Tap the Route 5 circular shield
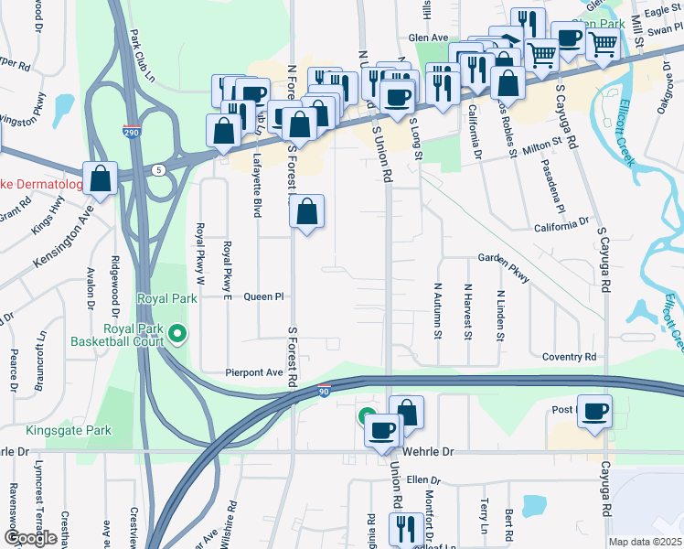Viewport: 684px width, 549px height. point(159,169)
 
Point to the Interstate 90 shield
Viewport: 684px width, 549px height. point(324,391)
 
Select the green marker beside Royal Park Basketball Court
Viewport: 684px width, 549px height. point(178,336)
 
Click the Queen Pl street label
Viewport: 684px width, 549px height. point(264,296)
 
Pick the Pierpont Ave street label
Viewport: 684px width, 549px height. point(255,372)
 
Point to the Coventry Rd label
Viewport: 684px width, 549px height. point(569,357)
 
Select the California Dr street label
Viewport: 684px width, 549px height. point(561,222)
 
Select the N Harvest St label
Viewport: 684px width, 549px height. point(466,311)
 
